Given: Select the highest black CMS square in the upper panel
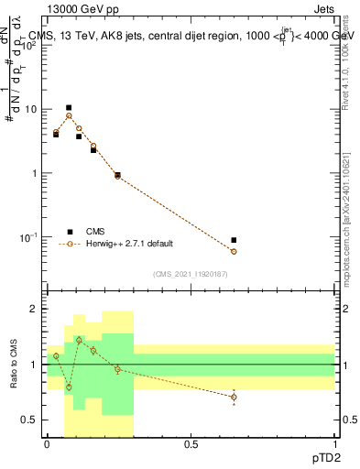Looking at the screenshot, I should tap(69, 107).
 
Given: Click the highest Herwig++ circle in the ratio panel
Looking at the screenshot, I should tap(79, 340).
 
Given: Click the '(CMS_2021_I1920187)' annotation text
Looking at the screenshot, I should tap(190, 274).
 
